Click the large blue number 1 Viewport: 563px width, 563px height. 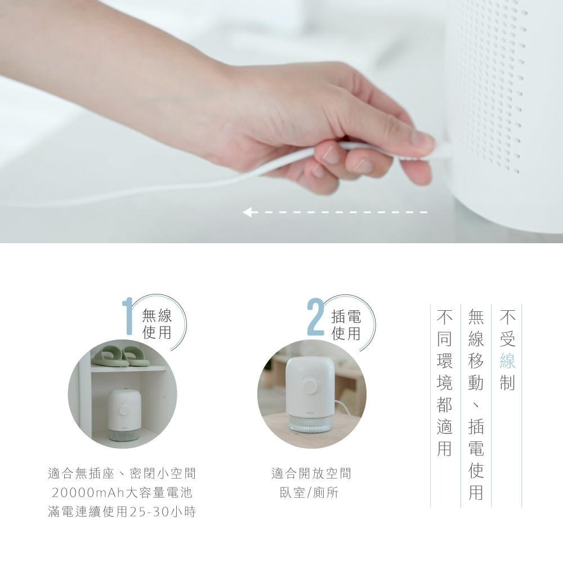click(127, 316)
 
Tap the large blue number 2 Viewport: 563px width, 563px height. click(316, 316)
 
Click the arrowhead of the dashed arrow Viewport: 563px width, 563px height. click(247, 212)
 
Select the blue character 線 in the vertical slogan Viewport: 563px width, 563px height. click(507, 360)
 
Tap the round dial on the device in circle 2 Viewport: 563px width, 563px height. click(309, 387)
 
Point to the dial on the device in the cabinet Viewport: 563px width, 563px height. click(124, 411)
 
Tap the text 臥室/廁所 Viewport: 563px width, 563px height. click(309, 493)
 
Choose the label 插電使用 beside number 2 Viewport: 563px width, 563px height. click(346, 325)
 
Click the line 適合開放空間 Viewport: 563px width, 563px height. click(311, 473)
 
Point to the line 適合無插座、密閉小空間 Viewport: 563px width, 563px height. click(122, 473)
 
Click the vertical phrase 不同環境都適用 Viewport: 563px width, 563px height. click(444, 383)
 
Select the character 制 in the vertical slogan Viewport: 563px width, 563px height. click(507, 382)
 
